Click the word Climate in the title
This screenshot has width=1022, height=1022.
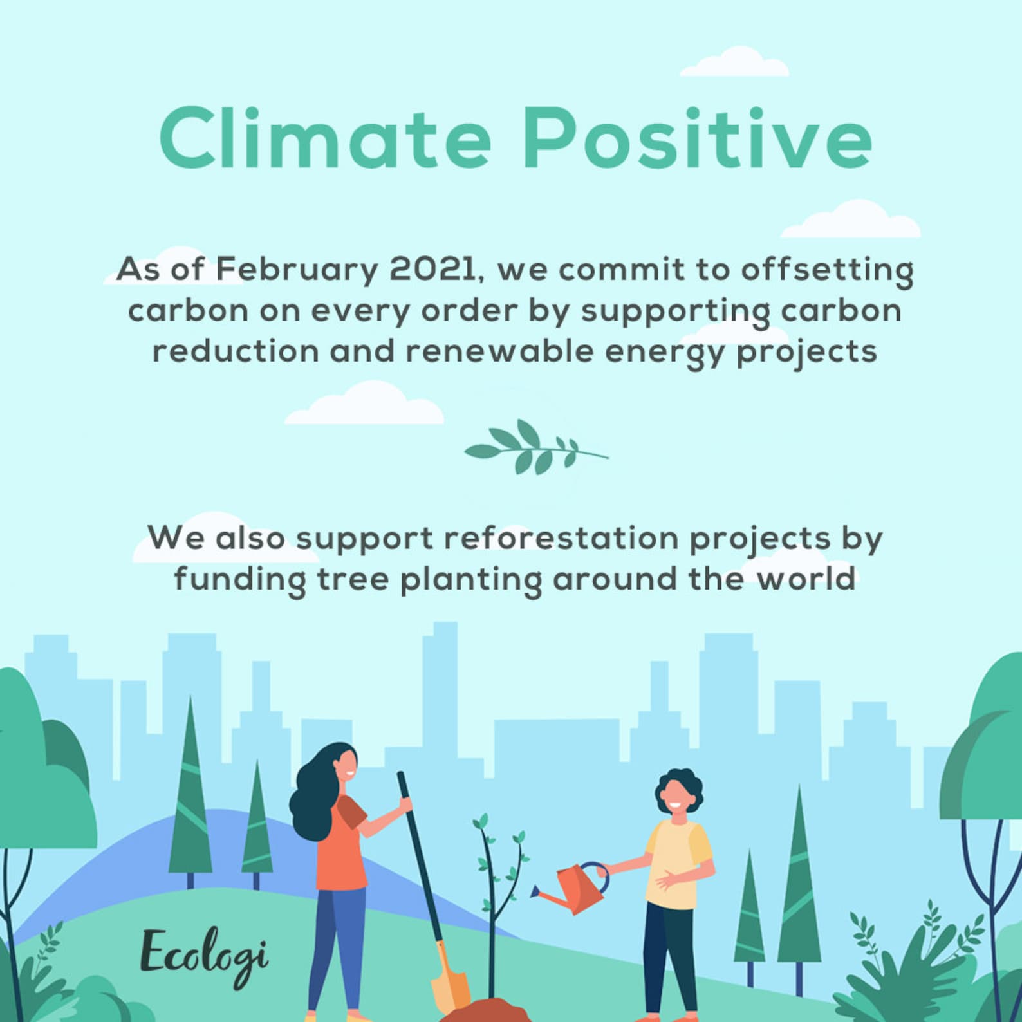click(326, 138)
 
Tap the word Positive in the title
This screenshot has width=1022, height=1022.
click(697, 138)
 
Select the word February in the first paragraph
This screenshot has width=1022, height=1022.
click(297, 270)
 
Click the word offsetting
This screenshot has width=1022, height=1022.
click(827, 270)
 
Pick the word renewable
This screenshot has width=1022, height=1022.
click(499, 351)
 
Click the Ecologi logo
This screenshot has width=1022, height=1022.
click(205, 956)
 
